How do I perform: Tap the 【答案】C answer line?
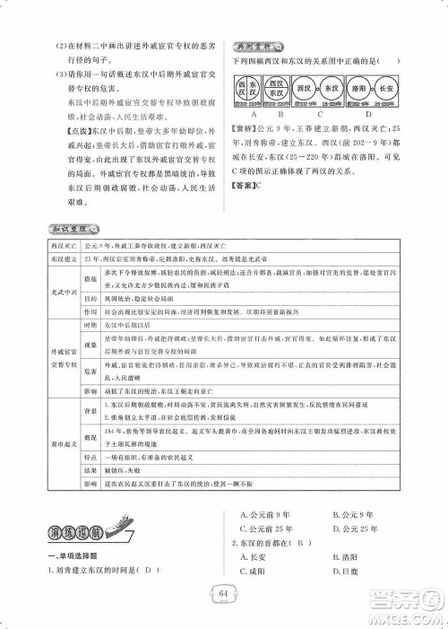[251, 186]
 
